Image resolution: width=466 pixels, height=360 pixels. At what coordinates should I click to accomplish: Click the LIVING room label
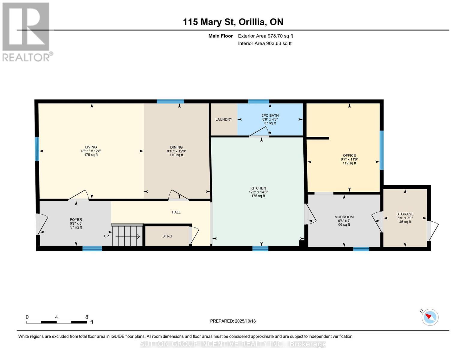91,147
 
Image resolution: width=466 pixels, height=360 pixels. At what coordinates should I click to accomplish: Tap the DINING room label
176,147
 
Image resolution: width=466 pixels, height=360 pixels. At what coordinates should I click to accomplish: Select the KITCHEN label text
258,188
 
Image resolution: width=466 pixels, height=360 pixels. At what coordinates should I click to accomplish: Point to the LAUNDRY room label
224,119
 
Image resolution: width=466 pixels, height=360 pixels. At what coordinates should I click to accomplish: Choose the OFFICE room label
349,155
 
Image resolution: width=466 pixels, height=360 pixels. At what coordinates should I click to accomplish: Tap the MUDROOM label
344,217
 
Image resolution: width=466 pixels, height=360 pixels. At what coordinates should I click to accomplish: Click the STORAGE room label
405,214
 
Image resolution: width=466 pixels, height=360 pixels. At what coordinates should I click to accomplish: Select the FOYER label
76,220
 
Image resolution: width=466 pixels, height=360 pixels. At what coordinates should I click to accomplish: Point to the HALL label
176,212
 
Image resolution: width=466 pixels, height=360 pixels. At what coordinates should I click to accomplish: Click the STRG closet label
167,236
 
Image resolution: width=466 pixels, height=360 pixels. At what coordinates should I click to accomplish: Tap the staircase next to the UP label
127,236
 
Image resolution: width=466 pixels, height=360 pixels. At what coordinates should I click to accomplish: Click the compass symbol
430,317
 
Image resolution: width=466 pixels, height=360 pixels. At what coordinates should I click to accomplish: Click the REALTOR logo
26,31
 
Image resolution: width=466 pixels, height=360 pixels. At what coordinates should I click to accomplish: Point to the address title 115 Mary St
233,22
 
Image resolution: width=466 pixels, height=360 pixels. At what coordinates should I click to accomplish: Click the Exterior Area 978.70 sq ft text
265,36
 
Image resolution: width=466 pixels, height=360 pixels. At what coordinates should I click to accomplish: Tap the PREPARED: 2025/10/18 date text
233,321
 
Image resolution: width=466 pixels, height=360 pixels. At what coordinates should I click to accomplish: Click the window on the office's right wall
381,150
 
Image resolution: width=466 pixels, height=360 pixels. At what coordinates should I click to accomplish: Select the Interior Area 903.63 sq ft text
265,43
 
